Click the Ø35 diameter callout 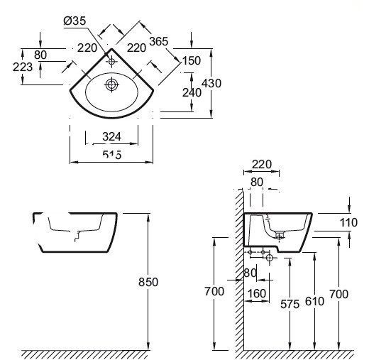(75, 21)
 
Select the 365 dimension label (159, 41)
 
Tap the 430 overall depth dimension (211, 83)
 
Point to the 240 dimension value (192, 92)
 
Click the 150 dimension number (192, 60)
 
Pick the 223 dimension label (23, 67)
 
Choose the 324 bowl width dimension (111, 136)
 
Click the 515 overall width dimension (112, 155)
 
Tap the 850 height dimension (148, 282)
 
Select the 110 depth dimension (348, 222)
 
